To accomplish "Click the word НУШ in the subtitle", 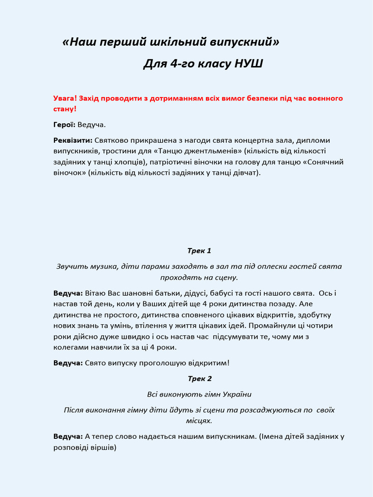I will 249,64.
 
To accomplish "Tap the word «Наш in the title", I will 79,42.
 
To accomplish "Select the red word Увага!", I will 65,98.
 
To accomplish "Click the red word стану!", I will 65,108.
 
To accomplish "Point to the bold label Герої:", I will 64,125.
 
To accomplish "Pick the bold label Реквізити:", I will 73,140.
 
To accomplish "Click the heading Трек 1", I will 200,251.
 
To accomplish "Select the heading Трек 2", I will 200,379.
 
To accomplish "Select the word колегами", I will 68,347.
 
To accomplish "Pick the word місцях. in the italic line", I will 199,421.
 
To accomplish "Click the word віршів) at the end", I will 102,447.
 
